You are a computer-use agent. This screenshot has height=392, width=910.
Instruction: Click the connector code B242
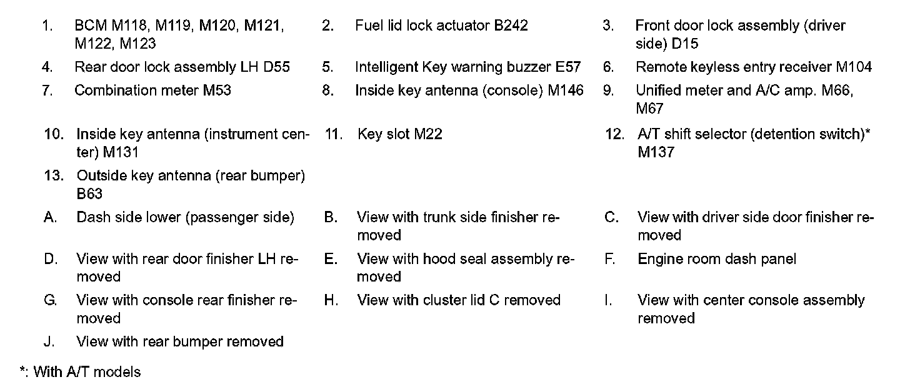511,26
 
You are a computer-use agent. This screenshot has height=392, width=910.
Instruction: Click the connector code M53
216,91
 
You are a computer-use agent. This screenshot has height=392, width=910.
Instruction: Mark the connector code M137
656,152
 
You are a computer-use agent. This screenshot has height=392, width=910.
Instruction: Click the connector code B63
89,194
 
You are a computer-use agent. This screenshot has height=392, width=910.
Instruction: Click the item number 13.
54,176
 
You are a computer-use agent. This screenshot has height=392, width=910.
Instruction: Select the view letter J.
49,341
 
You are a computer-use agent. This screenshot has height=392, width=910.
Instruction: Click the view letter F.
609,259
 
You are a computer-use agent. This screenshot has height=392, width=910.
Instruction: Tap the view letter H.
331,300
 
